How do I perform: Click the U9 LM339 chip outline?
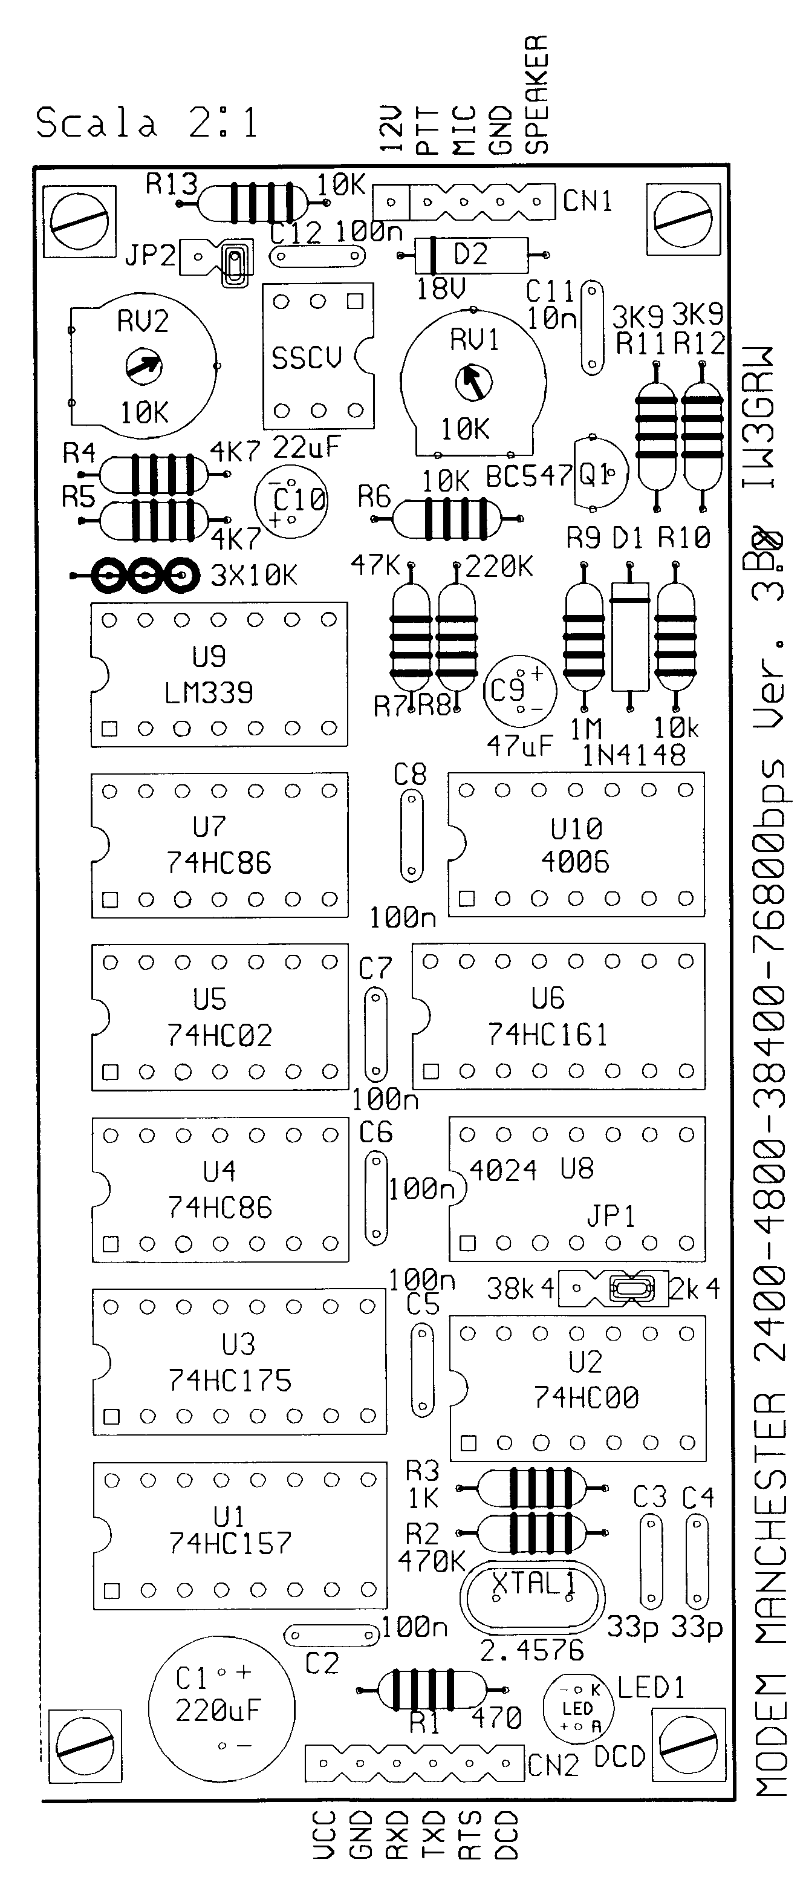tap(219, 674)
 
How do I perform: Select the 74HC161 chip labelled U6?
tap(559, 1016)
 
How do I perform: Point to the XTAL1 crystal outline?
tap(533, 1599)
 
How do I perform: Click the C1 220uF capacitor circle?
tap(222, 1708)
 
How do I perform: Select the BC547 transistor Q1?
tap(600, 473)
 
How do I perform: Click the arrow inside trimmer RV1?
tap(473, 382)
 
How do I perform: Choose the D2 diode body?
tap(471, 255)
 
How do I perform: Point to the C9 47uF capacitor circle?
tap(519, 691)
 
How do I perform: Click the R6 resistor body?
tap(447, 518)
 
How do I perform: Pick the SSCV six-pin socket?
tap(318, 356)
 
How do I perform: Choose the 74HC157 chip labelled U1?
tap(239, 1535)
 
